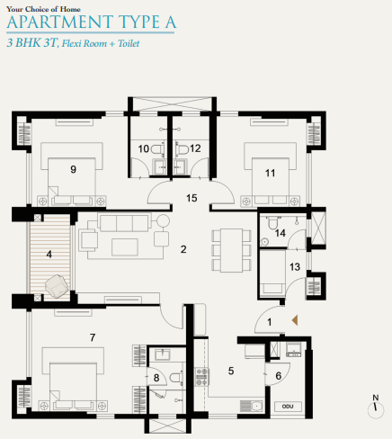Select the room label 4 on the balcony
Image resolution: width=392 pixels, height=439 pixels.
(49, 254)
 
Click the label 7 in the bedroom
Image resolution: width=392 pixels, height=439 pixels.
(92, 337)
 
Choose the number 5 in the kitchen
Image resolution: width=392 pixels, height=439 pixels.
(231, 369)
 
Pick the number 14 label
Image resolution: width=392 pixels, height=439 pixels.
(281, 233)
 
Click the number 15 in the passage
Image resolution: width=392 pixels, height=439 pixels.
(191, 196)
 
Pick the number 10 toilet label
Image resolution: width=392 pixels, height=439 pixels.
(144, 148)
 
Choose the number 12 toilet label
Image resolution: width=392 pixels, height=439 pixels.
(195, 148)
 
